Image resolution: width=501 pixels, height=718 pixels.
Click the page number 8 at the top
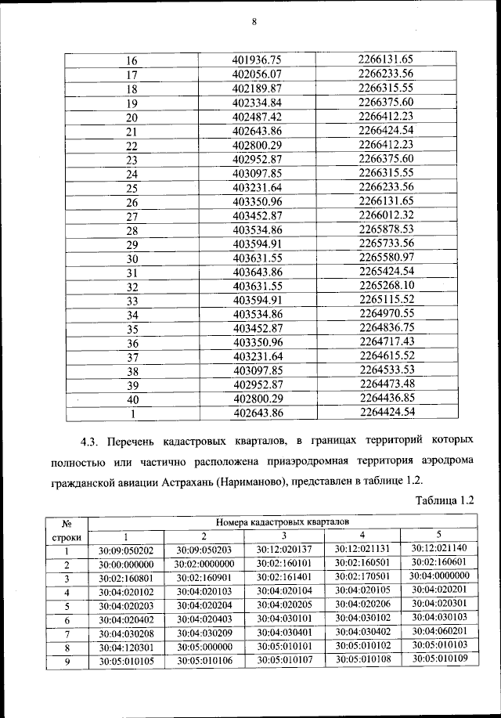(254, 22)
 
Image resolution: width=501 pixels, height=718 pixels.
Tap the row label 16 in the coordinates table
(132, 60)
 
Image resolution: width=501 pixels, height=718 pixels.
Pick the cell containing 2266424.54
(385, 131)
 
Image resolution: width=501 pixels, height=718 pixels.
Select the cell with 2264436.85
(385, 398)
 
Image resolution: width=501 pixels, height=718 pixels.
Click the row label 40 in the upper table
(132, 399)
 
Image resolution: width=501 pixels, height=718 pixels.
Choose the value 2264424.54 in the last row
(385, 412)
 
